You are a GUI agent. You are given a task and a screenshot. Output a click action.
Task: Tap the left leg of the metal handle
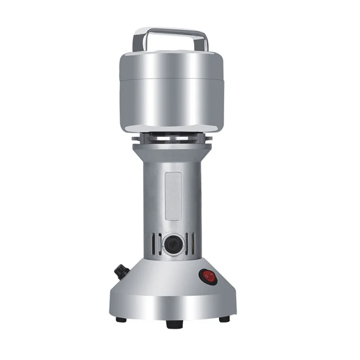[136, 41]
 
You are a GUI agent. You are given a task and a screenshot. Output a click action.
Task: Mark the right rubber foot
[224, 319]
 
